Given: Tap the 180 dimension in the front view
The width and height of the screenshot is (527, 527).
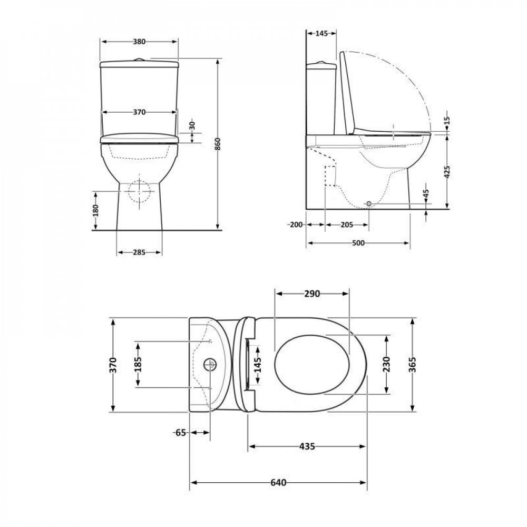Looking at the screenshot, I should point(95,210).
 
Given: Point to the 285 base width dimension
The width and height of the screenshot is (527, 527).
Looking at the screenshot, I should point(139,252).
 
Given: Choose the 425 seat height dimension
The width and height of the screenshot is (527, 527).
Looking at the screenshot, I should point(447,172).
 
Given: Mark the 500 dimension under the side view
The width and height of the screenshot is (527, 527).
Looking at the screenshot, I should point(358,242).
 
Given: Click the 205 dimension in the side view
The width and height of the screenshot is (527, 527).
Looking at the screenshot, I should point(346,225).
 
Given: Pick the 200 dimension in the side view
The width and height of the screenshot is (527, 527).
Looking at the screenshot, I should point(296,225).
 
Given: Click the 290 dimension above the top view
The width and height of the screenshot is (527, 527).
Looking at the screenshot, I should point(311,294).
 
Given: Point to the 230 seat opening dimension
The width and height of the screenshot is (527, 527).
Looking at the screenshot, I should point(387,364).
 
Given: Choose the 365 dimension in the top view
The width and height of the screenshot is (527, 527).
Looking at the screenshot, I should point(413,364).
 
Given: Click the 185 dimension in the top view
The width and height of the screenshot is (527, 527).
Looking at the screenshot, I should point(139,365).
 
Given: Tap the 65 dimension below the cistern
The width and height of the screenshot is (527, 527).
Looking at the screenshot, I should point(181,433).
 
